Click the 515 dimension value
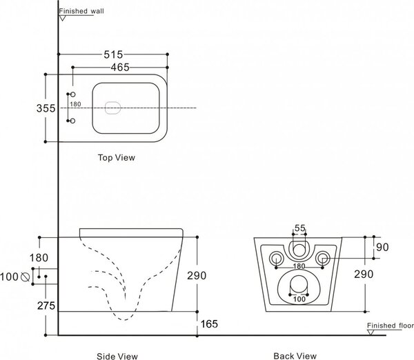pyautogui.click(x=113, y=54)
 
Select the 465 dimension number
pyautogui.click(x=120, y=68)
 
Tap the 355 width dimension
pyautogui.click(x=46, y=108)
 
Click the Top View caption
pyautogui.click(x=117, y=157)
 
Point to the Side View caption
pyautogui.click(x=117, y=357)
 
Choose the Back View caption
pyautogui.click(x=295, y=356)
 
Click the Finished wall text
pyautogui.click(x=81, y=11)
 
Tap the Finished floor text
pyautogui.click(x=391, y=326)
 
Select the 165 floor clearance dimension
pyautogui.click(x=209, y=324)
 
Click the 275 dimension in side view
pyautogui.click(x=46, y=306)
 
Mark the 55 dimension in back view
pyautogui.click(x=299, y=228)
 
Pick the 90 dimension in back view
pyautogui.click(x=382, y=247)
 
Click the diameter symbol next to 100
pyautogui.click(x=25, y=277)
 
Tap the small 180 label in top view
pyautogui.click(x=75, y=104)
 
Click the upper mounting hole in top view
pyautogui.click(x=73, y=94)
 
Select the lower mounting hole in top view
pyautogui.click(x=73, y=121)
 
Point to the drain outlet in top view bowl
pyautogui.click(x=112, y=108)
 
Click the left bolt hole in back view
pyautogui.click(x=276, y=258)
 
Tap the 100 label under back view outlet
pyautogui.click(x=299, y=299)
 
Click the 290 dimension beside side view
pyautogui.click(x=197, y=276)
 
